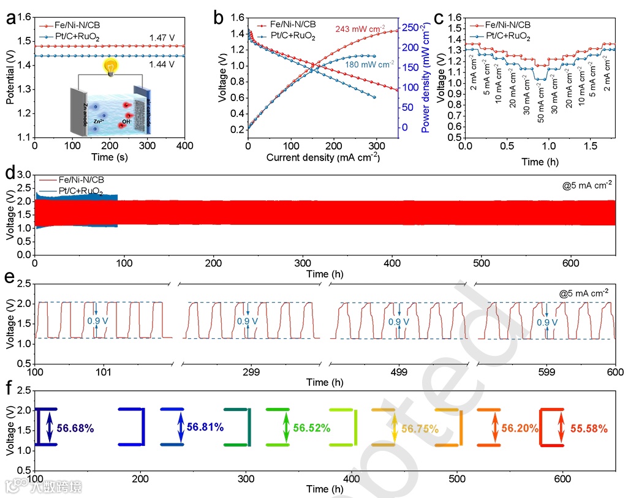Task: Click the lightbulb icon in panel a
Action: point(110,66)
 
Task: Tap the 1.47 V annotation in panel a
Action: point(161,38)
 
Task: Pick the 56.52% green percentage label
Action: point(312,428)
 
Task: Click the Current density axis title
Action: point(323,157)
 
